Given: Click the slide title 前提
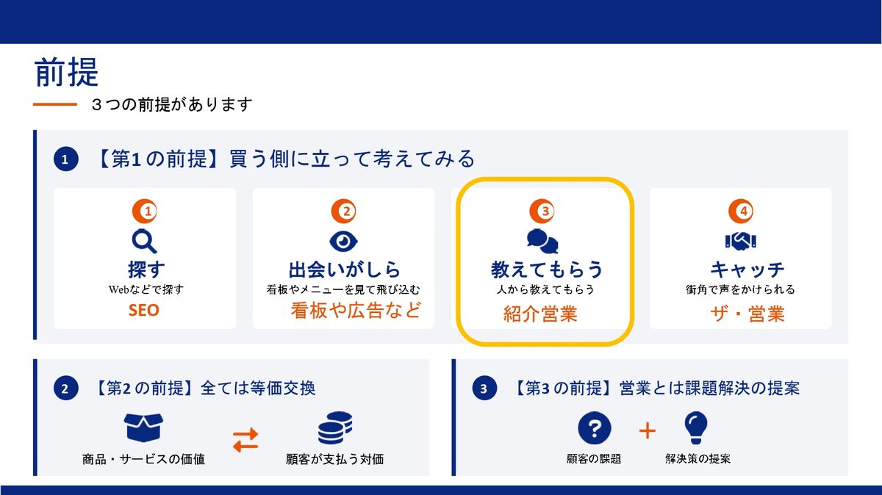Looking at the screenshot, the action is pyautogui.click(x=66, y=72).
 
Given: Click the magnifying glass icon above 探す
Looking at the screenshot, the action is pyautogui.click(x=145, y=241).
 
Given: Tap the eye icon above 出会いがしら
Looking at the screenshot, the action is pyautogui.click(x=343, y=241).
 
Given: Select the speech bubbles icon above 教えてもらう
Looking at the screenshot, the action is pyautogui.click(x=542, y=241).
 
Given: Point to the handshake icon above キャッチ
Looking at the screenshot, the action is pyautogui.click(x=741, y=241).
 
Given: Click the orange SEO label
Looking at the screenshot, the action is pyautogui.click(x=144, y=311).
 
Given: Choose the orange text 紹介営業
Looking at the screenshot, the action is pyautogui.click(x=540, y=314).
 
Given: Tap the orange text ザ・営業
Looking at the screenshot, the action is pyautogui.click(x=747, y=314).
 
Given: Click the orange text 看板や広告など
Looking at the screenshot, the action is pyautogui.click(x=356, y=310).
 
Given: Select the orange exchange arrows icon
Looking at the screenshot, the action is pyautogui.click(x=245, y=439).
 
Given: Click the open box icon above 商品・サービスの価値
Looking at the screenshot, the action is pyautogui.click(x=143, y=427).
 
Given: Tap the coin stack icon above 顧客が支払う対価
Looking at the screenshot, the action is pyautogui.click(x=335, y=427).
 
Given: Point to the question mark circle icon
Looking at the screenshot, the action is pyautogui.click(x=595, y=428).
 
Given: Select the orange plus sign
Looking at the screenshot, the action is pyautogui.click(x=648, y=431).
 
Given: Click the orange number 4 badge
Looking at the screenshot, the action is pyautogui.click(x=741, y=212).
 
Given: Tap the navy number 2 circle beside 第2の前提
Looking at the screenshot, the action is pyautogui.click(x=65, y=389).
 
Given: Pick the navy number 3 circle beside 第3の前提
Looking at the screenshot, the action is pyautogui.click(x=484, y=389).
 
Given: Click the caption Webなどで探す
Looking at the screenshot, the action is pyautogui.click(x=146, y=289).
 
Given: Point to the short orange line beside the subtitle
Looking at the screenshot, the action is pyautogui.click(x=55, y=104).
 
